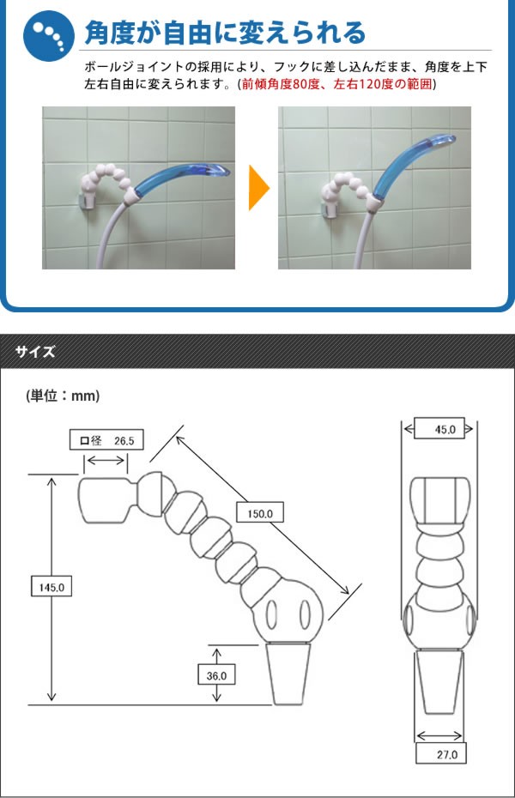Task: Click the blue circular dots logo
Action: coord(42,35)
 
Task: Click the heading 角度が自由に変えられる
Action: coord(225,32)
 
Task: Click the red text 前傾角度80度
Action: coord(280,84)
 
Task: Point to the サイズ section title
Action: coord(35,351)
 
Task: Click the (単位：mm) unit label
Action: coord(64,396)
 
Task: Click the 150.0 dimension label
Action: coord(258,513)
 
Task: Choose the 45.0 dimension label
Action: coord(439,428)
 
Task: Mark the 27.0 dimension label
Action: coord(439,754)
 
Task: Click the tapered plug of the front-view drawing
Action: coord(439,682)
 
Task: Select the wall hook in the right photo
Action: coord(329,207)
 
